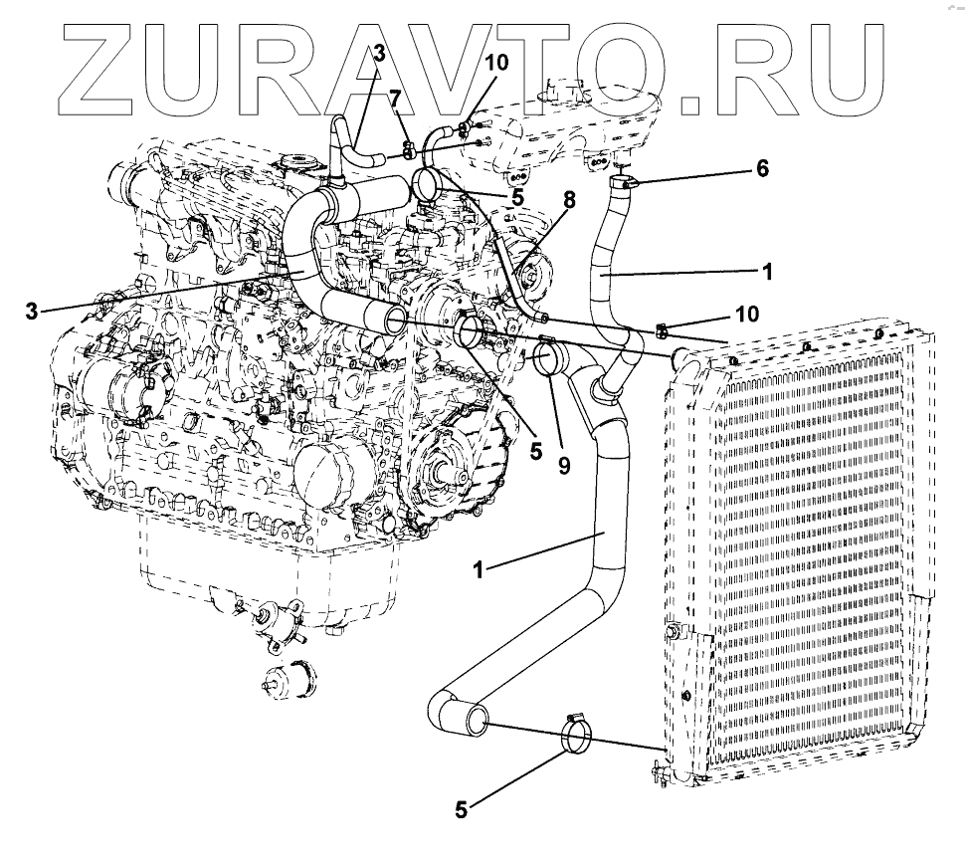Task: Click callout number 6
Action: pos(761,168)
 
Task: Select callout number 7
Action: pos(394,98)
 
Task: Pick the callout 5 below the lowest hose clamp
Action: pos(460,808)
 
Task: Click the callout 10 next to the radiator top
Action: pos(745,314)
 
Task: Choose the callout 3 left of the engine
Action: pos(33,311)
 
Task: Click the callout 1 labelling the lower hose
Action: pos(479,568)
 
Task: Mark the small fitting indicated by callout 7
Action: pos(410,150)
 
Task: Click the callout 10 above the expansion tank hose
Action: pos(496,62)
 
